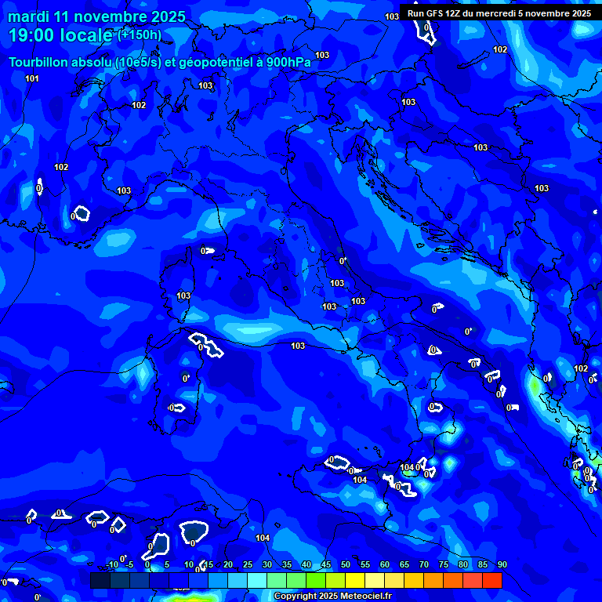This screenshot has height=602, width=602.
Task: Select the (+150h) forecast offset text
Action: point(140,34)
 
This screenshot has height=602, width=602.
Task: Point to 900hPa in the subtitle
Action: point(286,63)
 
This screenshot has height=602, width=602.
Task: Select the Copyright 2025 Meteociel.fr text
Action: point(332,597)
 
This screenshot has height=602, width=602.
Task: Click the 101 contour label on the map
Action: point(32,78)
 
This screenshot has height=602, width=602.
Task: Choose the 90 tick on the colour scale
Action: point(502,564)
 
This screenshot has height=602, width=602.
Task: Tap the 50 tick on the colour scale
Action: point(346,564)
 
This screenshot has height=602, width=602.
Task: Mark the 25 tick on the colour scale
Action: point(248,564)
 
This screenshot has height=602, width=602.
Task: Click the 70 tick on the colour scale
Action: point(424,564)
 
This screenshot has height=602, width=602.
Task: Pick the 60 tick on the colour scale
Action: point(385,564)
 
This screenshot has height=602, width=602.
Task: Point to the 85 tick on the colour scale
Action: point(483,564)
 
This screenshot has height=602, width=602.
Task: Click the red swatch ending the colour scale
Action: point(492,580)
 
